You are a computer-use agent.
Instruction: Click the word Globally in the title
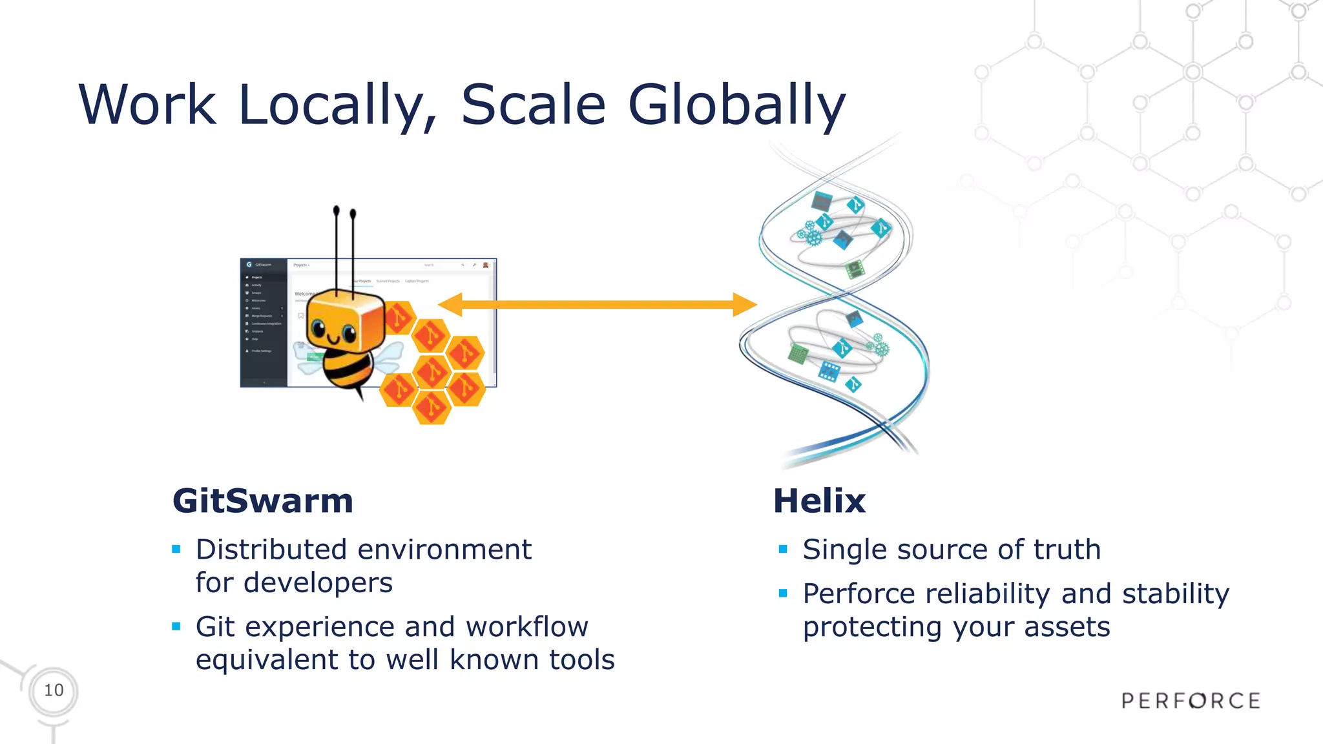click(736, 105)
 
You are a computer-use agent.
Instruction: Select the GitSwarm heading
click(263, 501)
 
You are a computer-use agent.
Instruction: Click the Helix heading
click(819, 501)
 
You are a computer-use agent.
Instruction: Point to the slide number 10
click(54, 690)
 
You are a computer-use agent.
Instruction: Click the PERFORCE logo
click(1191, 701)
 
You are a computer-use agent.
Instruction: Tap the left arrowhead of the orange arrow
click(450, 304)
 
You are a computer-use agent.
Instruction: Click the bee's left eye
click(318, 329)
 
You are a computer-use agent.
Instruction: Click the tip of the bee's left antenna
click(336, 211)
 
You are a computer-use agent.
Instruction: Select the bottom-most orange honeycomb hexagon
click(431, 408)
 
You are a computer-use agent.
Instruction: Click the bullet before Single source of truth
click(783, 550)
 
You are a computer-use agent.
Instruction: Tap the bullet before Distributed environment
click(176, 550)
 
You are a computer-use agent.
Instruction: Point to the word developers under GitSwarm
click(318, 583)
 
